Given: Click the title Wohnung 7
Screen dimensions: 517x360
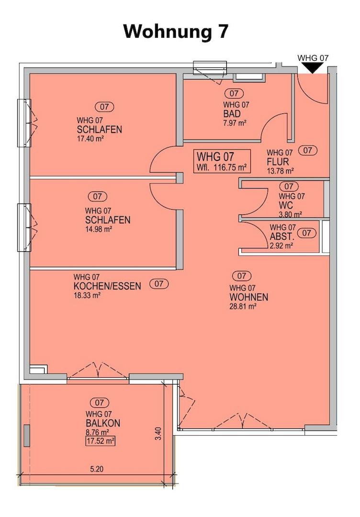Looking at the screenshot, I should click(176, 32).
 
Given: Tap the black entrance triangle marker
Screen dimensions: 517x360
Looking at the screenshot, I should click(313, 68).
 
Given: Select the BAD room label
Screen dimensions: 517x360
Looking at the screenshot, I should click(232, 114).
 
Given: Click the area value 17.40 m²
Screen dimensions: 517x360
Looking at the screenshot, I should click(90, 138).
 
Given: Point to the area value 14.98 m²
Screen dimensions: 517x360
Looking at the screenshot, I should click(98, 229).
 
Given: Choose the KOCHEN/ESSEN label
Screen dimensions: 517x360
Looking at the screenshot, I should click(107, 286).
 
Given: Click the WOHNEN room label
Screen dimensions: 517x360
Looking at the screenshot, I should click(248, 297).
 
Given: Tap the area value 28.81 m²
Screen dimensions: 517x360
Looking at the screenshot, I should click(243, 306).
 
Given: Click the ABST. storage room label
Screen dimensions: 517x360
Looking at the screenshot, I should click(282, 236).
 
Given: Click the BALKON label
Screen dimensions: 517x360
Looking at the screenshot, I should click(103, 423).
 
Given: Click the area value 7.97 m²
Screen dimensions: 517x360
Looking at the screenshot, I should click(234, 123).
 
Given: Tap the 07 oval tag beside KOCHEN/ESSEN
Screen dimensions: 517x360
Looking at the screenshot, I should click(159, 284).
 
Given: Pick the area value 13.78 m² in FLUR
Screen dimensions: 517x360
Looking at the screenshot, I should click(280, 170).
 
